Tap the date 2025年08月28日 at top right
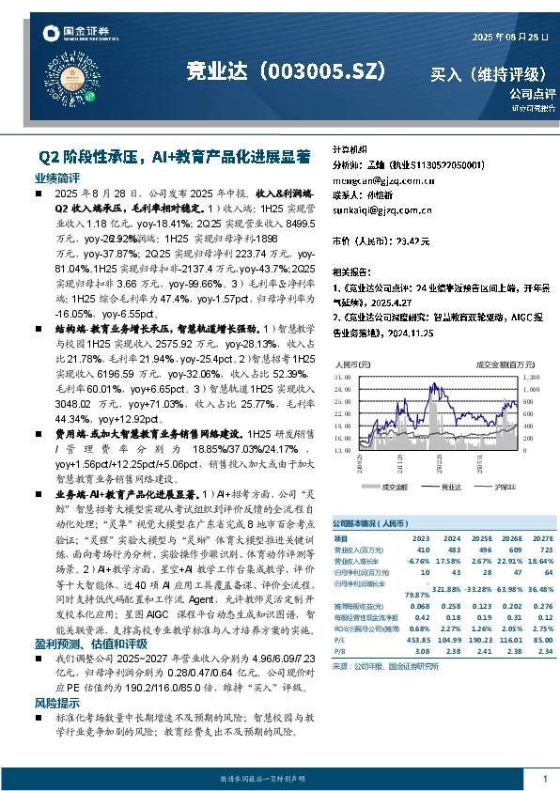[508, 36]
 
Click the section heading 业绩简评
[57, 178]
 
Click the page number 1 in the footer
[545, 779]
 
